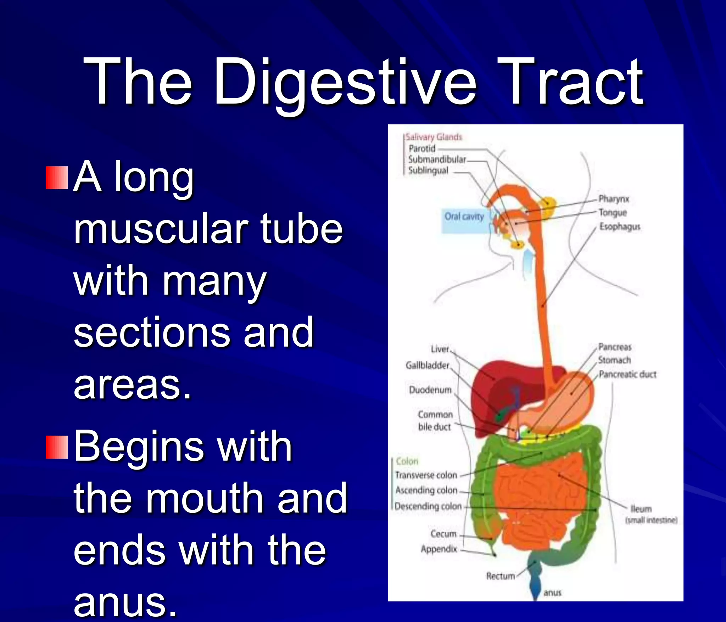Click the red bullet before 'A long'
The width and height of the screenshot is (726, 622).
(x=57, y=178)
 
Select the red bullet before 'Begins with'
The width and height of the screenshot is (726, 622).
(x=57, y=448)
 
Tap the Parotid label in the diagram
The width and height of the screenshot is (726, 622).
(x=422, y=149)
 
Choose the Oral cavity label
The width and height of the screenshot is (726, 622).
(x=464, y=217)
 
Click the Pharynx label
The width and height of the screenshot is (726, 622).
(x=614, y=199)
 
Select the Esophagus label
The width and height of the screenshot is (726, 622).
(x=620, y=226)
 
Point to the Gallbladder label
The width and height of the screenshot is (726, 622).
(x=427, y=365)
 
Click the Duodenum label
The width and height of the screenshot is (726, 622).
(x=430, y=390)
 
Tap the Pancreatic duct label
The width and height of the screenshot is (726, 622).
(x=627, y=374)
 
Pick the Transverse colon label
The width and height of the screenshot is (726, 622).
(x=426, y=475)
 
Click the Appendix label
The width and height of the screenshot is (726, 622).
(x=439, y=549)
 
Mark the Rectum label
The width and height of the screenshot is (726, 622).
(x=500, y=576)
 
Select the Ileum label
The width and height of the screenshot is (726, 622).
(x=641, y=509)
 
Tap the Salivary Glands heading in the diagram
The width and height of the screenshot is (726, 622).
(x=434, y=137)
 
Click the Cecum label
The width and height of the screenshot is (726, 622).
(x=443, y=534)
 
